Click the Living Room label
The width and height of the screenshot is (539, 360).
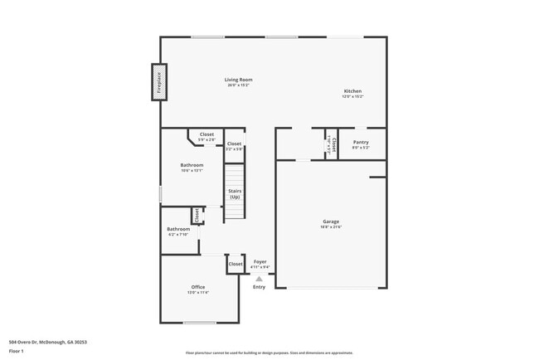238,80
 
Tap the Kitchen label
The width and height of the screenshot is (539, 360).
352,91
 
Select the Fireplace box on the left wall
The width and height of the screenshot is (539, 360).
157,83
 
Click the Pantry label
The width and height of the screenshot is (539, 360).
361,142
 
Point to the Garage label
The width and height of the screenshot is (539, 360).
331,221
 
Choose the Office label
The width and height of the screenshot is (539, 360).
198,287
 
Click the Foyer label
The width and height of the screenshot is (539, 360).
260,262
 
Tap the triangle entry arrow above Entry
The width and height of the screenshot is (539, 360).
260,278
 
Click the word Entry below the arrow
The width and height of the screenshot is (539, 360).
260,287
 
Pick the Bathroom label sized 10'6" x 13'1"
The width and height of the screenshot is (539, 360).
192,165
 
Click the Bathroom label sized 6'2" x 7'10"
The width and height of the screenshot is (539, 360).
178,229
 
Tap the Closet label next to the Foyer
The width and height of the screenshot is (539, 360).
236,264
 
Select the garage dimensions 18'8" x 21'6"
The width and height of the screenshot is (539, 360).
331,226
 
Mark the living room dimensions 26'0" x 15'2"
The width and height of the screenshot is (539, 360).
238,85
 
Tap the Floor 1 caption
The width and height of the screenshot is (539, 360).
17,351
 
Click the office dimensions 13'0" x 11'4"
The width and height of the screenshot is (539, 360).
198,293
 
